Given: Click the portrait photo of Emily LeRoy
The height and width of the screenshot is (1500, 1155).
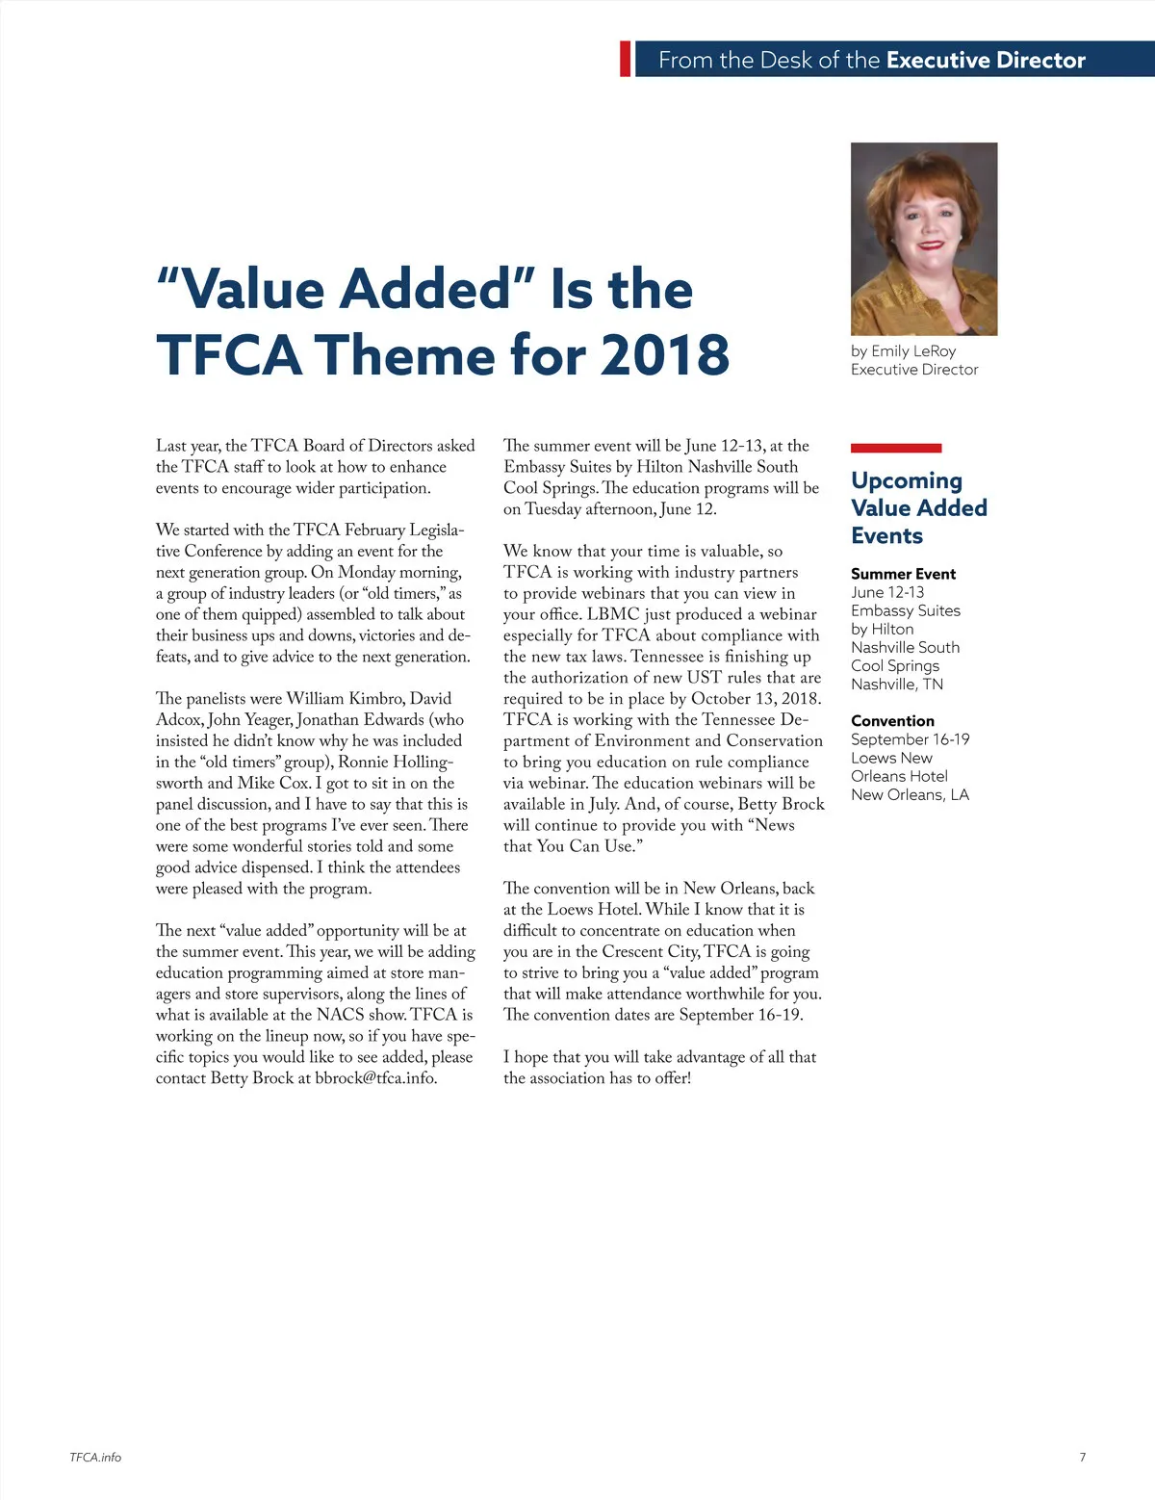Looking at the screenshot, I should (924, 239).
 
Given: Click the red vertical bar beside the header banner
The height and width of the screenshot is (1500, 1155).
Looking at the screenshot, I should (626, 59).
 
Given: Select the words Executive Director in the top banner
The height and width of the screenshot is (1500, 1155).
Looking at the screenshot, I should (986, 60).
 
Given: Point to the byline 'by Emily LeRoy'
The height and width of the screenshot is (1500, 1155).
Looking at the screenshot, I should (903, 350).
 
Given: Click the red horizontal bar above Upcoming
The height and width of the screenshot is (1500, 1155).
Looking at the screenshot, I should (896, 448).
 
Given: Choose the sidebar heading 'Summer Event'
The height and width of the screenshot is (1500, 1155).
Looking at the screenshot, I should (903, 574).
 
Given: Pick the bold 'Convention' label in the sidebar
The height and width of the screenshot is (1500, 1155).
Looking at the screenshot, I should (892, 720).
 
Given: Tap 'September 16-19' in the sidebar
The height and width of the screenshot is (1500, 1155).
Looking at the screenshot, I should (910, 739).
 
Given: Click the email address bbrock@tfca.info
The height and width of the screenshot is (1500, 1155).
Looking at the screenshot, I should (375, 1078).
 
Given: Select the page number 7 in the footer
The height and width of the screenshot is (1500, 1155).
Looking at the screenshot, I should (1083, 1457).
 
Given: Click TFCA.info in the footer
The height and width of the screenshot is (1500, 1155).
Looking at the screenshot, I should (95, 1457).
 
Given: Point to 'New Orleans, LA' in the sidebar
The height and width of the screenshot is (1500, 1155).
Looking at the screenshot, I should (910, 794).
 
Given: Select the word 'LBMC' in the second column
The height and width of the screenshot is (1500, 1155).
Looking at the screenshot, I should (613, 614).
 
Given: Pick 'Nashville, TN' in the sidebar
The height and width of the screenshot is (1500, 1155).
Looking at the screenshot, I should (896, 684).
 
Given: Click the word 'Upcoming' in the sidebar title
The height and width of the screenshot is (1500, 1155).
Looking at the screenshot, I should (907, 479).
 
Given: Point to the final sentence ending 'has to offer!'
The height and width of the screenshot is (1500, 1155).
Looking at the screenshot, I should (597, 1078).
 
